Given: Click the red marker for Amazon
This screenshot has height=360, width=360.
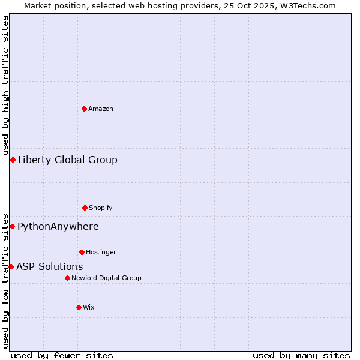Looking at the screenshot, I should (84, 109).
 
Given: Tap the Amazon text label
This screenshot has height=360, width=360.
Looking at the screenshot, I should (101, 109).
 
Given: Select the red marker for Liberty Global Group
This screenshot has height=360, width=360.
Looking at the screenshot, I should (13, 160).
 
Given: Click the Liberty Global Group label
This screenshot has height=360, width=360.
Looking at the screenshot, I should (68, 160).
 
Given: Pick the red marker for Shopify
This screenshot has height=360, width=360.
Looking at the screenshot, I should (85, 208).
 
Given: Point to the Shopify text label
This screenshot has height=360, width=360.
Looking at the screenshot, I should (101, 208).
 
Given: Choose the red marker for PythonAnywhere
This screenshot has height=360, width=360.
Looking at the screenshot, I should (12, 226).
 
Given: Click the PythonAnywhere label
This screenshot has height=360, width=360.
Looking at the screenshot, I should (58, 227).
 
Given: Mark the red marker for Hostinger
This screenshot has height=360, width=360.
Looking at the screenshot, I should (82, 252).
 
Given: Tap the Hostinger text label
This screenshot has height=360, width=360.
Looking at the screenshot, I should (101, 253).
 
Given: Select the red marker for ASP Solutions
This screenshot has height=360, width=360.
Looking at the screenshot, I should (11, 266).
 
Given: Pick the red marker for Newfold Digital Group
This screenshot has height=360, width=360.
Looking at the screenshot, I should (67, 278).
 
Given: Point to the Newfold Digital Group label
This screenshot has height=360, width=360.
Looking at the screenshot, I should (106, 278).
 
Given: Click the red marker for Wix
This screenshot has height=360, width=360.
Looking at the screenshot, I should (79, 307).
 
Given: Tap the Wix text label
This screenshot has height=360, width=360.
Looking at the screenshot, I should (89, 308).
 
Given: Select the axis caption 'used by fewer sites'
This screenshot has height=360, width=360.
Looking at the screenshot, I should (62, 356).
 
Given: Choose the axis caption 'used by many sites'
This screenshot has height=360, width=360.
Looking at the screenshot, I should (301, 356).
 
